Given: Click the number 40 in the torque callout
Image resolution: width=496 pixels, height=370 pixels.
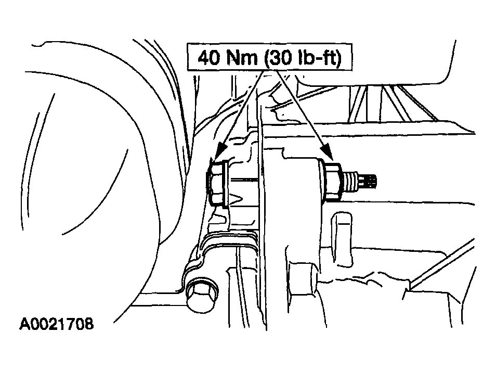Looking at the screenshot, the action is point(209,58).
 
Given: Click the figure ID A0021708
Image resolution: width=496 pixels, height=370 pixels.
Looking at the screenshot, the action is point(57,324).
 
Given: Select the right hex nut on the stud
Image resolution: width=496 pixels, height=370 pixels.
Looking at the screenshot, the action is point(333,182).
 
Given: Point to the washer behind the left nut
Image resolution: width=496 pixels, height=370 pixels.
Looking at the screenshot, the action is point(226,185).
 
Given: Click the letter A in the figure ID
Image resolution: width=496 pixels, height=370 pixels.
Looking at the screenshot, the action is point(25,324).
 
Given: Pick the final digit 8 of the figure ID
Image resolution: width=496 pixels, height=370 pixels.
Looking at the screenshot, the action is point(89,324).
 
